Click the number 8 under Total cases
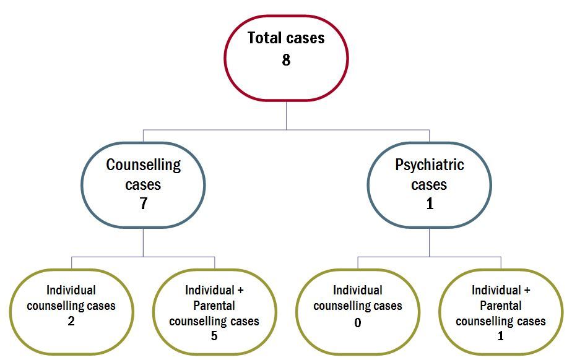click(x=286, y=60)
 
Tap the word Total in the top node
click(x=265, y=38)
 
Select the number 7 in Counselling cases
click(x=144, y=204)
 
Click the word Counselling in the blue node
click(x=144, y=165)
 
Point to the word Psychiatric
click(x=430, y=165)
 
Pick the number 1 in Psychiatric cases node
click(x=430, y=204)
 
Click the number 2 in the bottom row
click(x=71, y=320)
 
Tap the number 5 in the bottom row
click(x=214, y=336)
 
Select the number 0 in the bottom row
click(x=358, y=322)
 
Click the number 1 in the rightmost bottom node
click(x=501, y=336)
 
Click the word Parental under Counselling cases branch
click(x=214, y=306)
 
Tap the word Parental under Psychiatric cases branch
click(x=500, y=306)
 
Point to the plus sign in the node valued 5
click(x=240, y=290)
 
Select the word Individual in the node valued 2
click(x=71, y=290)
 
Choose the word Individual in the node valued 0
click(x=358, y=290)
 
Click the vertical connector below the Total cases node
click(x=287, y=115)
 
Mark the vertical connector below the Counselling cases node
click(x=144, y=242)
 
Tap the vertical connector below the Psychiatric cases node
click(x=430, y=242)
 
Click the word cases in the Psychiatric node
click(x=429, y=185)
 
